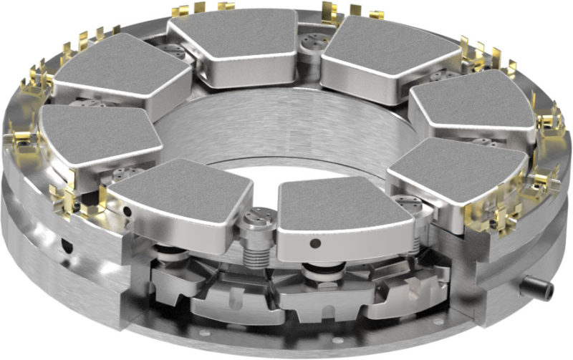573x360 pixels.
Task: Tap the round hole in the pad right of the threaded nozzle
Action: (x=314, y=243)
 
